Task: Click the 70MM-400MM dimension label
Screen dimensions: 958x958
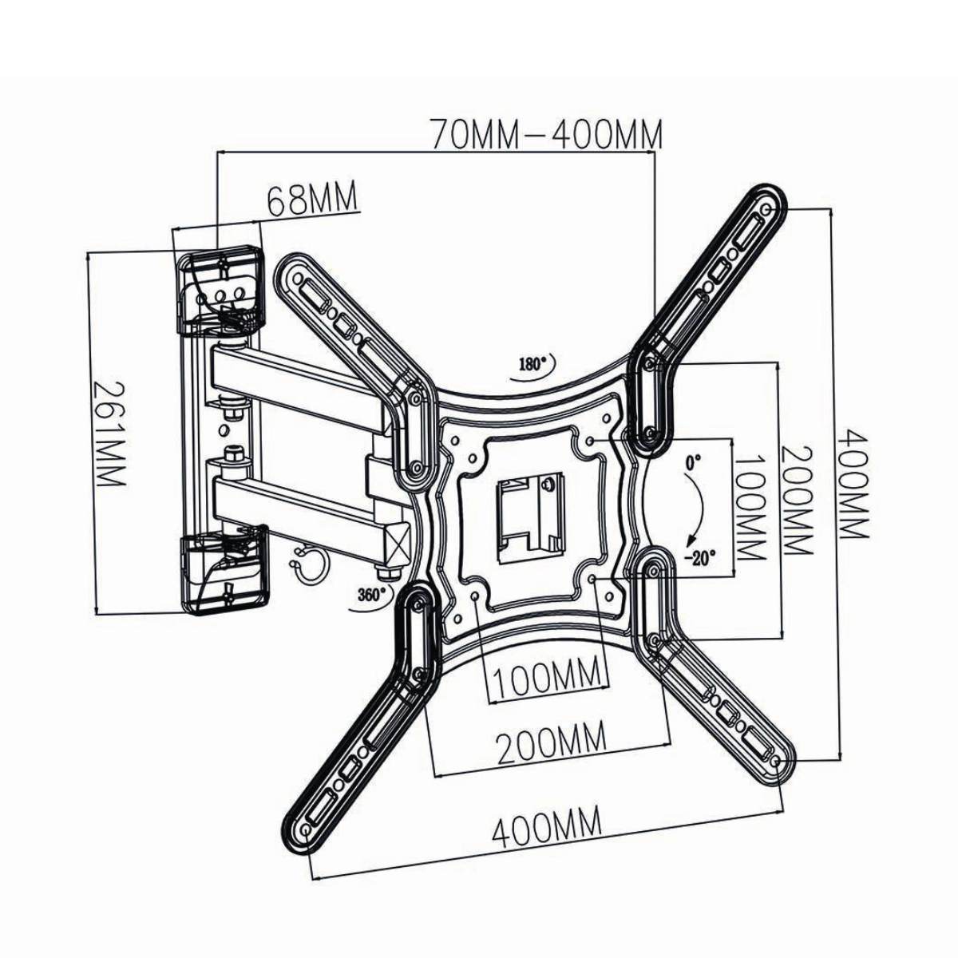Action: tap(546, 135)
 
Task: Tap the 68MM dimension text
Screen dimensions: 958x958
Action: tap(311, 200)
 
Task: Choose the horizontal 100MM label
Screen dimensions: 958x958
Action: tap(547, 679)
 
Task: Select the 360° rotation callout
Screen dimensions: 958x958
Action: tap(369, 594)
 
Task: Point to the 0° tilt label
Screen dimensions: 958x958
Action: tap(691, 462)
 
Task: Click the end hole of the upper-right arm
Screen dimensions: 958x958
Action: tap(767, 210)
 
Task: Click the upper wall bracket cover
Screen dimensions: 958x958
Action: tap(220, 290)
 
